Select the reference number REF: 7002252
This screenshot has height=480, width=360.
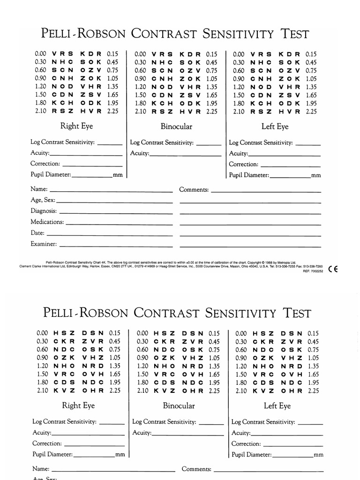click(x=313, y=271)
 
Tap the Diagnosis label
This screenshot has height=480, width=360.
click(x=44, y=211)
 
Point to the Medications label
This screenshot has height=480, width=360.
click(x=47, y=222)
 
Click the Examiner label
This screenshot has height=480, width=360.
click(x=44, y=244)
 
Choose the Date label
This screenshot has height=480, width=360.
click(x=37, y=233)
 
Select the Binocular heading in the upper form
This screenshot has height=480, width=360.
click(x=176, y=126)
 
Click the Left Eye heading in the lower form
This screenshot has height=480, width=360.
click(x=277, y=405)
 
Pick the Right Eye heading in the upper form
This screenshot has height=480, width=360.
click(x=76, y=126)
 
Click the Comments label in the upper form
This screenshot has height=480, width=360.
click(x=194, y=189)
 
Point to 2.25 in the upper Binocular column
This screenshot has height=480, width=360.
click(x=211, y=112)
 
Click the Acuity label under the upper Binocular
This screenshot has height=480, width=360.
click(x=140, y=153)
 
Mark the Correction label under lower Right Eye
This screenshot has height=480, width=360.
click(x=47, y=443)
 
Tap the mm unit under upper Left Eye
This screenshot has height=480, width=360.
click(x=316, y=175)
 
